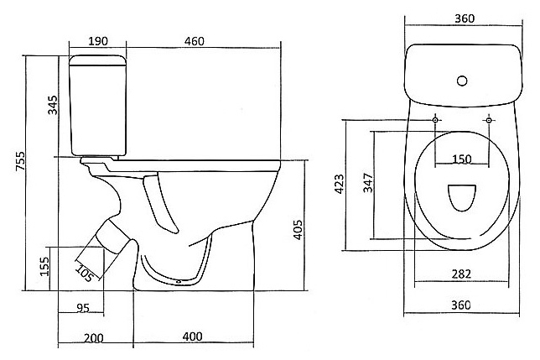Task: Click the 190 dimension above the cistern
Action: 98,41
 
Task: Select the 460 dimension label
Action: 195,41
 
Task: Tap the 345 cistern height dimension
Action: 53,105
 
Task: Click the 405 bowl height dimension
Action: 298,230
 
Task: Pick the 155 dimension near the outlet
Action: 44,266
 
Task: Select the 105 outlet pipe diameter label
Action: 84,274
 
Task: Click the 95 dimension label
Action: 83,308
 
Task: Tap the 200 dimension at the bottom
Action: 94,338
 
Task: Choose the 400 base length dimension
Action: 193,337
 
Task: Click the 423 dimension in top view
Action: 340,184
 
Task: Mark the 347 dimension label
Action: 368,183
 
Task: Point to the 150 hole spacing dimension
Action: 461,159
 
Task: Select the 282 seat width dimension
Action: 461,274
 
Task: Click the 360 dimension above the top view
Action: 465,18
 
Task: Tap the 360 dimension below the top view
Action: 461,305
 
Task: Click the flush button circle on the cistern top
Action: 462,81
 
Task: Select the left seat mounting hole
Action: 435,120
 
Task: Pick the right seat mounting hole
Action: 489,120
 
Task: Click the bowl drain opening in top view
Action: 462,198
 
